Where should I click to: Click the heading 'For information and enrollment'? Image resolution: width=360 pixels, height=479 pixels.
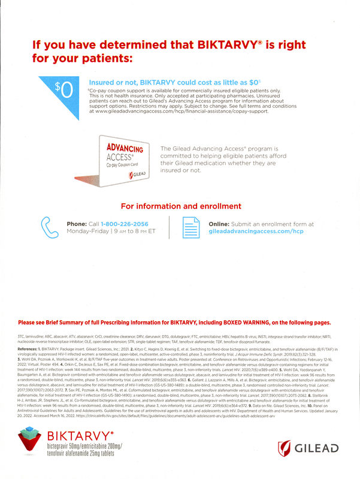[180, 206]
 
